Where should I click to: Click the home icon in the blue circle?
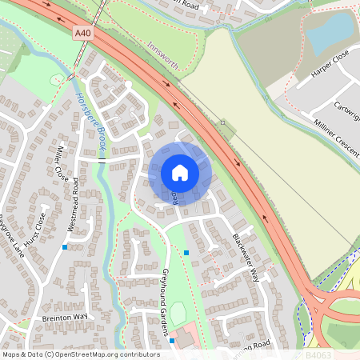coord(179,173)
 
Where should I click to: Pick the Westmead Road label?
coord(74,204)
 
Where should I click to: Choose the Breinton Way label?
coord(63,318)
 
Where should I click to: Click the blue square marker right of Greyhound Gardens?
coord(186,253)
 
